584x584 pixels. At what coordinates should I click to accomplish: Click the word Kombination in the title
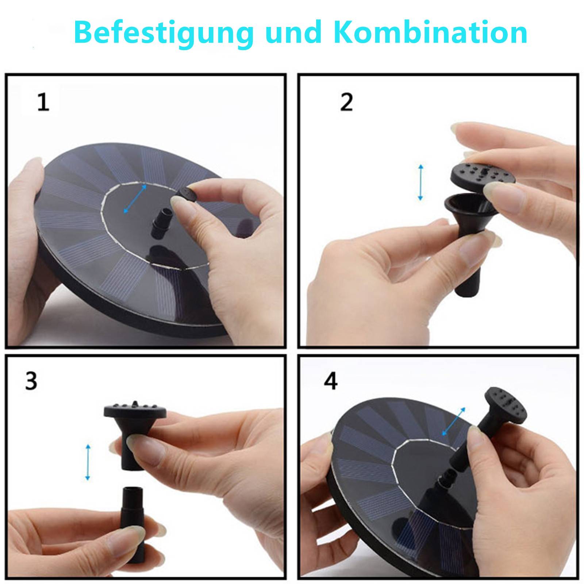click(x=431, y=33)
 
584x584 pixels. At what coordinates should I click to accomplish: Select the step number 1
click(x=43, y=102)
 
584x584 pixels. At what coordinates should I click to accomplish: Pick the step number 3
click(x=31, y=381)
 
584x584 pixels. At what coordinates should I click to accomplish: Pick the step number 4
click(x=331, y=381)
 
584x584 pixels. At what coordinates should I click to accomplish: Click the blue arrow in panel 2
click(x=420, y=182)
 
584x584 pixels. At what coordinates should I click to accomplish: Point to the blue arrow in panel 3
click(x=88, y=462)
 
